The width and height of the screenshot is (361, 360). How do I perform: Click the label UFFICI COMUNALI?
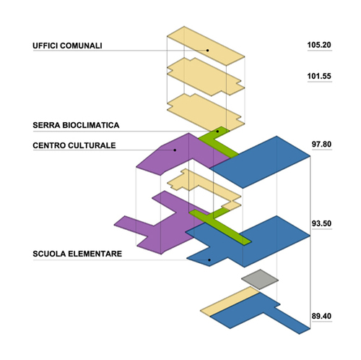(x=67, y=46)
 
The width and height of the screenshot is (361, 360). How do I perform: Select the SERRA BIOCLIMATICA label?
(x=76, y=125)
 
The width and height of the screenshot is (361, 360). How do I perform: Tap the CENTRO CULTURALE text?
(x=74, y=145)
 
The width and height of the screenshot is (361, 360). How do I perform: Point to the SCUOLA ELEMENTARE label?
(x=77, y=254)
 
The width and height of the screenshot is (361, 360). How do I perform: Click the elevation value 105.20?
(x=319, y=45)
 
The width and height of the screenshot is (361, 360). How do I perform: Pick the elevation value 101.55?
(x=319, y=76)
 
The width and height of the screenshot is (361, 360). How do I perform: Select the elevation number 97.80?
(x=321, y=144)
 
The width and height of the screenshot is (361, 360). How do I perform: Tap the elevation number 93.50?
(x=321, y=223)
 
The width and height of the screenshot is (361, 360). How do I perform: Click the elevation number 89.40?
(x=321, y=316)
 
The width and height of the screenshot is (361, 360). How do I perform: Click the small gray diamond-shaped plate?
(x=260, y=280)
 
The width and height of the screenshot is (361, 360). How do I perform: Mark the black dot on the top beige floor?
(x=207, y=51)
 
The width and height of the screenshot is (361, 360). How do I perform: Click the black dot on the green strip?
(x=217, y=132)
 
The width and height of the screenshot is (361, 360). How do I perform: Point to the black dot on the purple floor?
(x=175, y=150)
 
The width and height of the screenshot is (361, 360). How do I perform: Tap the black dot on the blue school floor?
(x=209, y=260)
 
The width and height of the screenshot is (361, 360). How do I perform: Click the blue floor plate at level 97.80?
(x=260, y=162)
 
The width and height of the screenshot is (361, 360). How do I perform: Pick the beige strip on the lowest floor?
(x=230, y=301)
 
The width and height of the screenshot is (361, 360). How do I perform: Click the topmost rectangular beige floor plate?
(x=206, y=46)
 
